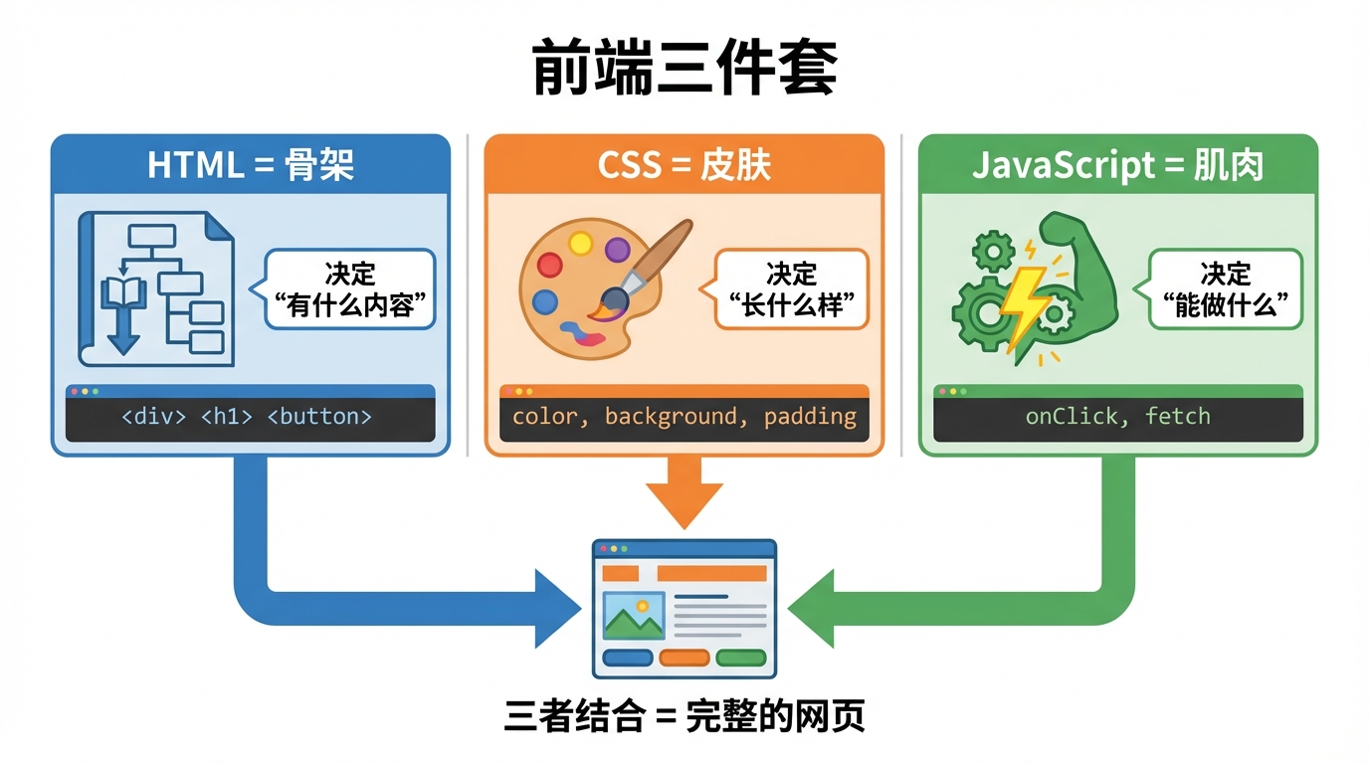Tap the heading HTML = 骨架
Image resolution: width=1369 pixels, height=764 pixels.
coord(251,165)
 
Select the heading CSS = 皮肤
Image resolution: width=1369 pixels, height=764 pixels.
coord(684,165)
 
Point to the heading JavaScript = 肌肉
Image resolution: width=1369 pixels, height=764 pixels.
coord(1117,165)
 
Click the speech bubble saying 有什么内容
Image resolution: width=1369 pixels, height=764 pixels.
coord(350,289)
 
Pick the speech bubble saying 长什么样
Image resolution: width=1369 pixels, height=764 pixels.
coord(791,289)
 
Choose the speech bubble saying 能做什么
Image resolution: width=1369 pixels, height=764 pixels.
coord(1225,289)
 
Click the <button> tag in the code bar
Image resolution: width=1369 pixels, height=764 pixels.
coord(319,417)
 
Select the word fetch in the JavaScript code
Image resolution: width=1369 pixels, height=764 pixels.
coord(1177,417)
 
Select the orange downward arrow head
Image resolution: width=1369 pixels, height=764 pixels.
coord(684,507)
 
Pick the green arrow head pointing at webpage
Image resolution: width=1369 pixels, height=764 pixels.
coord(812,608)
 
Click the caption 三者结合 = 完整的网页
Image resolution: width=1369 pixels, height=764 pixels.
coord(684,717)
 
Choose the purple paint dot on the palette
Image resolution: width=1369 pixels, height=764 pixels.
coord(617,249)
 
